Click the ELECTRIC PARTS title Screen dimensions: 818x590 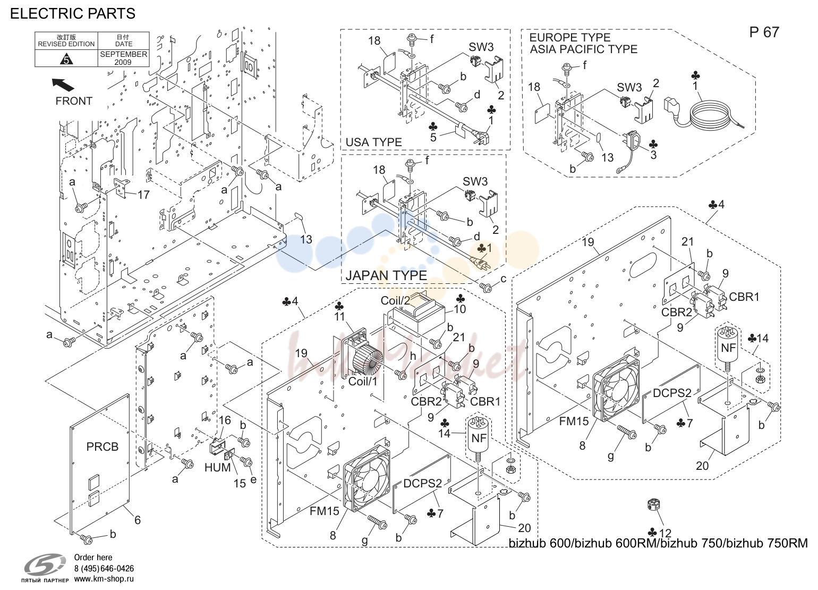click(73, 14)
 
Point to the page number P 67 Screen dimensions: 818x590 click(764, 32)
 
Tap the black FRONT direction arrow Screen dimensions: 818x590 click(63, 85)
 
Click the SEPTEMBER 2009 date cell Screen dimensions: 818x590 click(123, 58)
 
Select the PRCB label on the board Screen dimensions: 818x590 click(102, 447)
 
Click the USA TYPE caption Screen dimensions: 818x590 click(373, 142)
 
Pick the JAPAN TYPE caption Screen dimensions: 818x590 click(386, 275)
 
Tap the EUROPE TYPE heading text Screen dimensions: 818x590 click(569, 37)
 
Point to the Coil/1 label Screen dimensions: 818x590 click(363, 382)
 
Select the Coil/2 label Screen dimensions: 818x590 click(396, 300)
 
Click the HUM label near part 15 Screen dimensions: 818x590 click(217, 467)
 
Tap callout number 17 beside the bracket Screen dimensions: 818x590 click(143, 195)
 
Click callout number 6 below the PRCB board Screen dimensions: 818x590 click(137, 520)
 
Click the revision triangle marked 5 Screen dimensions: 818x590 click(66, 59)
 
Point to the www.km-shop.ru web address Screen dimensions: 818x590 click(104, 579)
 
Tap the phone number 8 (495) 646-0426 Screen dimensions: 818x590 click(104, 568)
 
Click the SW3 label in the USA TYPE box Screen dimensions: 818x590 click(481, 47)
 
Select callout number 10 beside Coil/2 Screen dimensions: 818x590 click(460, 309)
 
